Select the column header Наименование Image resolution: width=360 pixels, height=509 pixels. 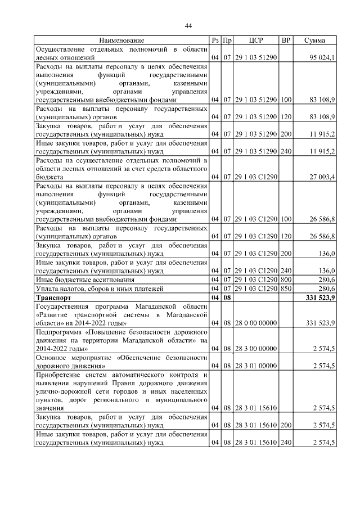click(x=121, y=40)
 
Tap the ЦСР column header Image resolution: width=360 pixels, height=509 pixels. click(x=256, y=40)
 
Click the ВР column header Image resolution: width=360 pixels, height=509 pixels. click(x=286, y=40)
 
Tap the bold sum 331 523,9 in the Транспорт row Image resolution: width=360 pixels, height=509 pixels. click(x=319, y=298)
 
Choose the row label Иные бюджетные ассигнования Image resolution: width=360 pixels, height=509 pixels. click(x=85, y=280)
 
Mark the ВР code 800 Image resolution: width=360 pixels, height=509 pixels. click(x=286, y=280)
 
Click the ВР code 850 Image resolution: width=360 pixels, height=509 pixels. click(x=286, y=289)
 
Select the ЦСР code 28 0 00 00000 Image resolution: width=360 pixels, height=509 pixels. click(x=256, y=323)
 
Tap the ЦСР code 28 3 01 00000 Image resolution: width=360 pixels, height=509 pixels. click(x=256, y=366)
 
